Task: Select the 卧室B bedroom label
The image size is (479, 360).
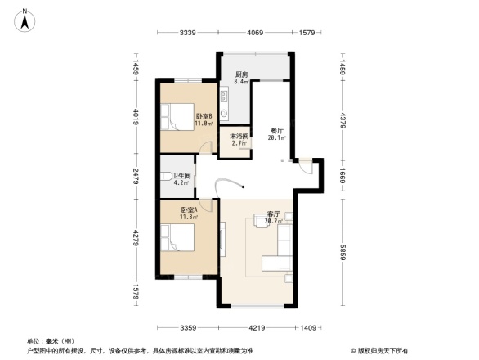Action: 204,120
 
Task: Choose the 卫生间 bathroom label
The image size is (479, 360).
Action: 181,179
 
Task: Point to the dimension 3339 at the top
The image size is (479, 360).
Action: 190,33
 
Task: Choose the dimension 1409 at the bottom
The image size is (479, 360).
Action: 307,329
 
